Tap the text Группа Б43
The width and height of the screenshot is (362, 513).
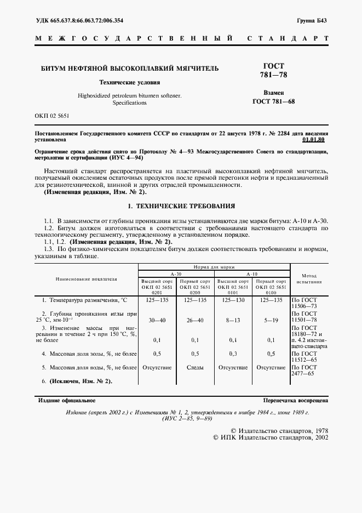[x=311, y=21]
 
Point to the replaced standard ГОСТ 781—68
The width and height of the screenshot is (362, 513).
[x=273, y=101]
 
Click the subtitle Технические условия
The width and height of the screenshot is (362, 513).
[x=129, y=82]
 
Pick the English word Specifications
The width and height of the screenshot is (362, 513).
[x=129, y=102]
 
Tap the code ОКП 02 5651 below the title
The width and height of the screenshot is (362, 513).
[x=53, y=116]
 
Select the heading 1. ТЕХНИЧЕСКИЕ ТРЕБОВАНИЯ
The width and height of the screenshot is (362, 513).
[x=181, y=207]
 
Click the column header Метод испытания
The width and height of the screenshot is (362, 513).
[x=309, y=277]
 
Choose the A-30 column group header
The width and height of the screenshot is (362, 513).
[x=176, y=273]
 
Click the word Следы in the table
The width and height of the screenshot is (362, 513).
[x=194, y=367]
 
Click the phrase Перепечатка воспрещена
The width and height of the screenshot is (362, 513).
[x=296, y=401]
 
